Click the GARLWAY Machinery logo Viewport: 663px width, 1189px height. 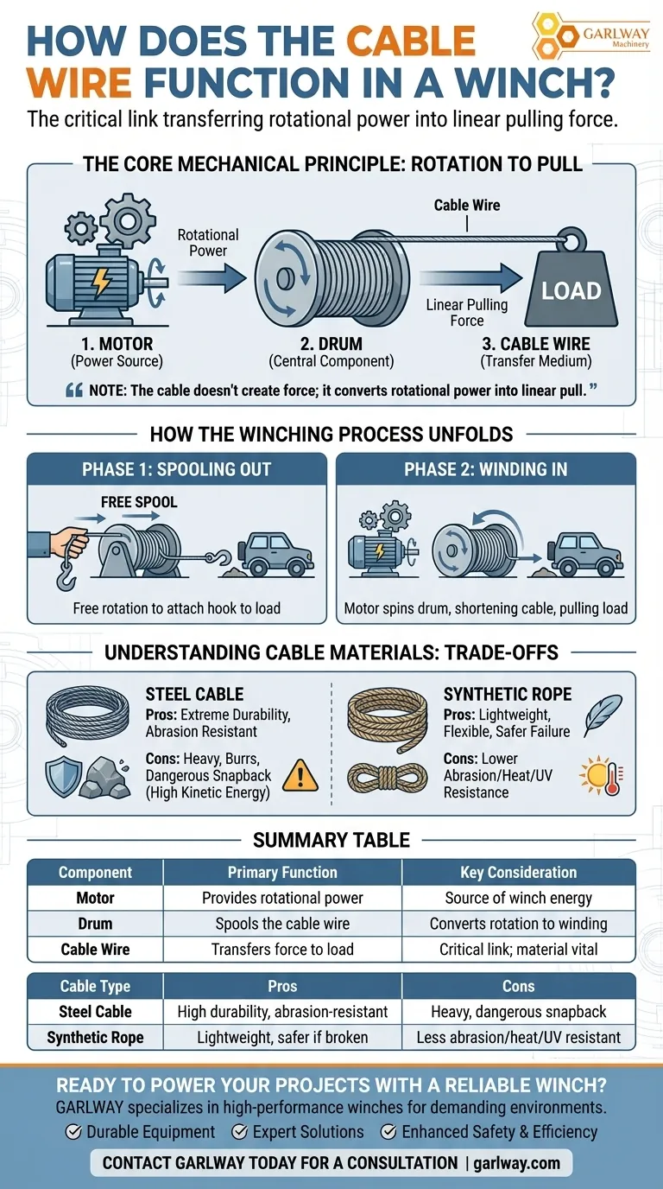click(590, 36)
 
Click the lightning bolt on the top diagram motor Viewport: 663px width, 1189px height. click(101, 282)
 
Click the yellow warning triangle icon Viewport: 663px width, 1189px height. click(300, 775)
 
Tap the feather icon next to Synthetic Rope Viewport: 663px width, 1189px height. click(603, 715)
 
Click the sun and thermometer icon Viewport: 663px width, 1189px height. click(602, 775)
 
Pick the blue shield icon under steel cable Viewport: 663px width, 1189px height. click(64, 777)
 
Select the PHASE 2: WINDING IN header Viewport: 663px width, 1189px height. click(485, 469)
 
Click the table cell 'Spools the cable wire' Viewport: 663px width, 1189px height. click(282, 924)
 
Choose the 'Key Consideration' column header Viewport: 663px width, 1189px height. click(518, 872)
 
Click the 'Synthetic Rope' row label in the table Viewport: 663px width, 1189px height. click(96, 1037)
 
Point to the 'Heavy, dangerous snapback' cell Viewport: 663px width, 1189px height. click(518, 1012)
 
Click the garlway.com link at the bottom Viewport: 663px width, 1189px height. click(516, 1163)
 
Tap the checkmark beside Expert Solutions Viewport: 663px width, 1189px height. click(240, 1132)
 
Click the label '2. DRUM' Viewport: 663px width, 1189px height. click(331, 343)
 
